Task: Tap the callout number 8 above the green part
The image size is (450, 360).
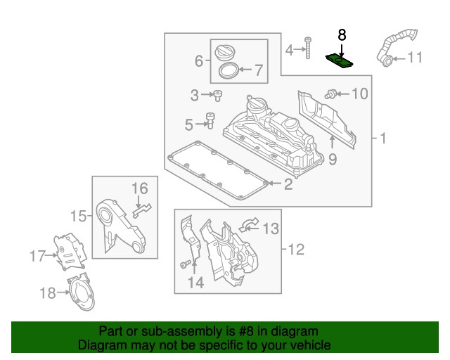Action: click(342, 35)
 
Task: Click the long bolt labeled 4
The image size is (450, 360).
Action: click(307, 48)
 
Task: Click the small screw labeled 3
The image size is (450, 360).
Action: click(218, 94)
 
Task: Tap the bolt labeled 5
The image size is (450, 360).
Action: click(209, 122)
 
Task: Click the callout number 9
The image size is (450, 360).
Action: click(333, 160)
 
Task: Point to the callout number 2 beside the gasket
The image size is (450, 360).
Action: click(288, 185)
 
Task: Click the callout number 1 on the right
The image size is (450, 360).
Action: click(383, 139)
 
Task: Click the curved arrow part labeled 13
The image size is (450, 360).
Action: click(249, 225)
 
